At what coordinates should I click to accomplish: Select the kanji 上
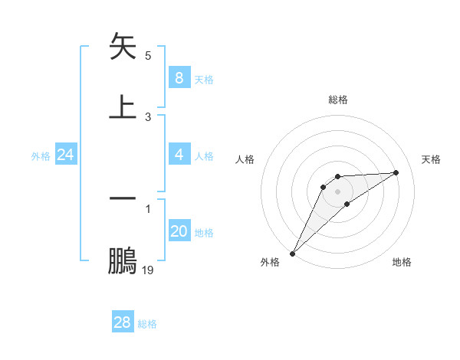pyautogui.click(x=123, y=107)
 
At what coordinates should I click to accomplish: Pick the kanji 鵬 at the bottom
pyautogui.click(x=123, y=260)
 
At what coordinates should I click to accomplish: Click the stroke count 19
pyautogui.click(x=148, y=270)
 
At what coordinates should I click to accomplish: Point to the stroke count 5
pyautogui.click(x=148, y=56)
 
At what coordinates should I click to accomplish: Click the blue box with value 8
pyautogui.click(x=179, y=78)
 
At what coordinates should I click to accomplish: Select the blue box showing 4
pyautogui.click(x=179, y=155)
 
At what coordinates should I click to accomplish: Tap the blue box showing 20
pyautogui.click(x=179, y=231)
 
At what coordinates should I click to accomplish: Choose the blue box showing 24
pyautogui.click(x=65, y=155)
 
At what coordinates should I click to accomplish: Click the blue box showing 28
pyautogui.click(x=122, y=322)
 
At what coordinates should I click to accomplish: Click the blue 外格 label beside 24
pyautogui.click(x=41, y=156)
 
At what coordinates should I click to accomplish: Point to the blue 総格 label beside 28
pyautogui.click(x=147, y=324)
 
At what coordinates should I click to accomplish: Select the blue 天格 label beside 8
pyautogui.click(x=204, y=80)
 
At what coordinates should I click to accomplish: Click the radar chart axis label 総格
pyautogui.click(x=338, y=100)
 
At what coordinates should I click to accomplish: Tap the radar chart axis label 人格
pyautogui.click(x=245, y=159)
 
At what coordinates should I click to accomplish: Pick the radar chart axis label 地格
pyautogui.click(x=402, y=262)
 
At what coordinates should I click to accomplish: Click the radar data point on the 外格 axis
pyautogui.click(x=292, y=254)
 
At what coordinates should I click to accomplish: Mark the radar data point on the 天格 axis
pyautogui.click(x=396, y=172)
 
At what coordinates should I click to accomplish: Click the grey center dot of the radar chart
pyautogui.click(x=338, y=191)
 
